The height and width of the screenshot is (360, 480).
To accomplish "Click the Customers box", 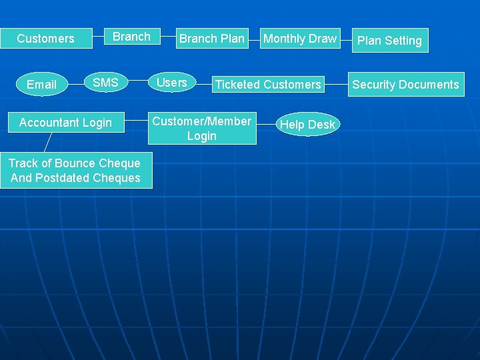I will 45,39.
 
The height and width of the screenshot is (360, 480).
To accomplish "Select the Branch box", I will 131,37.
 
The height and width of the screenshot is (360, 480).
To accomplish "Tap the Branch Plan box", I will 211,39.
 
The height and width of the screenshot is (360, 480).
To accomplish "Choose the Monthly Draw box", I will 300,39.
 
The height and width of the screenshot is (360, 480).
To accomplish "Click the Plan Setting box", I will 389,41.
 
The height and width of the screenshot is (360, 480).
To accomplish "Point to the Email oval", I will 41,85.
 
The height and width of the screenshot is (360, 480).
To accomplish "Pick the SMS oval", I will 105,83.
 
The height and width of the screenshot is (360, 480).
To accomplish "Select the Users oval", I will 171,83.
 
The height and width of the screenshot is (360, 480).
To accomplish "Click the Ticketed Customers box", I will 267,85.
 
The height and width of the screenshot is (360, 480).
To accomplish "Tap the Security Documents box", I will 405,85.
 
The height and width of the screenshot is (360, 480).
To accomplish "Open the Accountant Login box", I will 65,123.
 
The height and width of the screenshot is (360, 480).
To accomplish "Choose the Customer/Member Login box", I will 201,129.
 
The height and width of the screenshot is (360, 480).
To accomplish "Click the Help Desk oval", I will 307,125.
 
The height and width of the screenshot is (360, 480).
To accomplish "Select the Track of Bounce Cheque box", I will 75,171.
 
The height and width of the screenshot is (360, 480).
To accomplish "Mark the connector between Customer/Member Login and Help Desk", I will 265,125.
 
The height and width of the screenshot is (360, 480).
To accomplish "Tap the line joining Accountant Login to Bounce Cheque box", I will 47,142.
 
